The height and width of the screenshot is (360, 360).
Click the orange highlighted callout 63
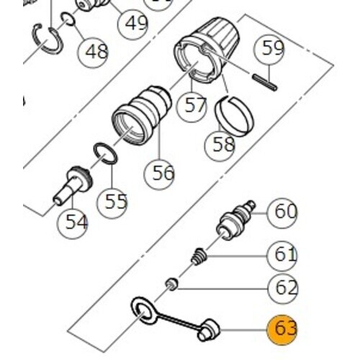coord(282,330)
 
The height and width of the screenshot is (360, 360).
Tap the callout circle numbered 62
coord(282,288)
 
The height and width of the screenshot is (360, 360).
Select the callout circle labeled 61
coord(282,256)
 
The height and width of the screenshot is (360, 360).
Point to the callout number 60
coord(282,213)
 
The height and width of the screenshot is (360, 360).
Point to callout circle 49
coord(133,24)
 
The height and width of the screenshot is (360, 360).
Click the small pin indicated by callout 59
coord(265,83)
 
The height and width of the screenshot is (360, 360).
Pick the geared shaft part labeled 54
coord(71,186)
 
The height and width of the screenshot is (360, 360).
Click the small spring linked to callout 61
coord(199,257)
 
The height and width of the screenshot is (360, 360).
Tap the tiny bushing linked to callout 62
coord(172,284)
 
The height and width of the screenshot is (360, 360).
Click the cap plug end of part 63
coord(209,330)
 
